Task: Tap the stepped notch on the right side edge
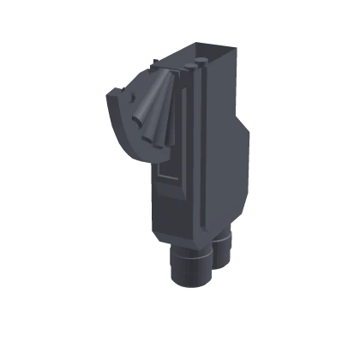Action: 248,129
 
